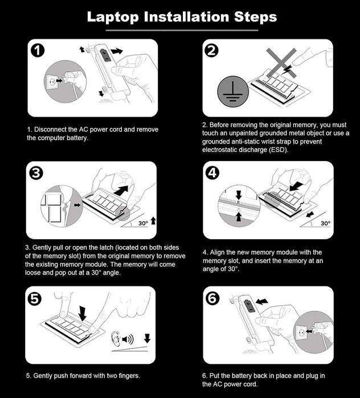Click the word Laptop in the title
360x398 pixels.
[113, 17]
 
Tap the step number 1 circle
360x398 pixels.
[38, 51]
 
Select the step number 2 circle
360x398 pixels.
[211, 50]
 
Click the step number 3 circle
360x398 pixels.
[36, 173]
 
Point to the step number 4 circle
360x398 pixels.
[212, 173]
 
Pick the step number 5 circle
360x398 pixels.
[34, 298]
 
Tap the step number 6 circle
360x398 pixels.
[212, 298]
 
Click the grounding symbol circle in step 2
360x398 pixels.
[233, 91]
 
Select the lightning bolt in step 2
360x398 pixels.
[287, 69]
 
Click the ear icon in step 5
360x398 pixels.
[116, 339]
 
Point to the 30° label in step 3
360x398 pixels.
[143, 223]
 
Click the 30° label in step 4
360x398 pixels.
[325, 223]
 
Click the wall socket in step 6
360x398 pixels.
[301, 332]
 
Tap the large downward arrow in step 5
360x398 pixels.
[82, 314]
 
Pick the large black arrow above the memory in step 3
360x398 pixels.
[121, 190]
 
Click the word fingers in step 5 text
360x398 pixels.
[129, 376]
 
